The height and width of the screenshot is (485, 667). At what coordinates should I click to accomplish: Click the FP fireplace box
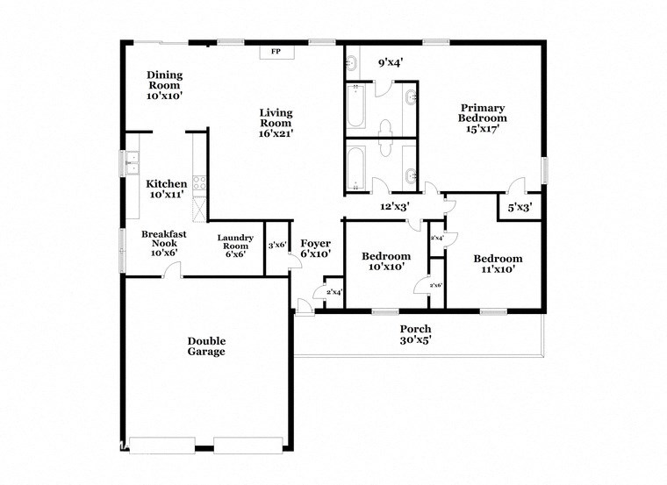point(276,52)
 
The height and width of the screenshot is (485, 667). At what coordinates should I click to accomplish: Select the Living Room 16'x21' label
point(276,123)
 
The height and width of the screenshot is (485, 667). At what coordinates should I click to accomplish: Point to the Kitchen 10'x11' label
point(166,189)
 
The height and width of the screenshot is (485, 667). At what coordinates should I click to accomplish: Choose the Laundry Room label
point(236,246)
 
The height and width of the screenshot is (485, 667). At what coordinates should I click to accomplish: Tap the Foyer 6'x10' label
point(316,248)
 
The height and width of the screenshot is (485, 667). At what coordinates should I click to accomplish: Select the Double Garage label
point(206,346)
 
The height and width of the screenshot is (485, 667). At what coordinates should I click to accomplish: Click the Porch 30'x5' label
point(416,334)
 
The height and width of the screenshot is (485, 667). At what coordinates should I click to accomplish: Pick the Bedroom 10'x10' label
point(386,261)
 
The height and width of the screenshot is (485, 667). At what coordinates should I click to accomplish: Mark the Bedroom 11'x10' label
point(498,264)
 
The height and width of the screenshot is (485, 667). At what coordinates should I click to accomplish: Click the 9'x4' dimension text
point(389,62)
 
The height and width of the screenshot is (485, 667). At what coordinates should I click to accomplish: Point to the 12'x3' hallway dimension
point(396,206)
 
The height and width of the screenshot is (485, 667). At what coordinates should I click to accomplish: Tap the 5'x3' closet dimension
point(520,208)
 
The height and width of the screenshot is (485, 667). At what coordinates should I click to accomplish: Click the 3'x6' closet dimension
point(278,246)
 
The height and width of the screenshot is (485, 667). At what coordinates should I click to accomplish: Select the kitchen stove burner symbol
point(199,184)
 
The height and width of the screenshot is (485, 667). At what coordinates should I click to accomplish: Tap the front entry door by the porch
point(303,305)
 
